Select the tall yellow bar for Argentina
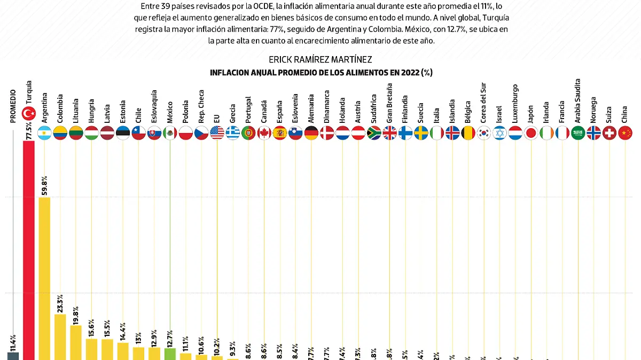[x=45, y=278]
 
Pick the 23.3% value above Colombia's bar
[x=60, y=303]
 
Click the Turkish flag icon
[x=28, y=114]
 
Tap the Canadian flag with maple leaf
[x=264, y=132]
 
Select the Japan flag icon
[x=531, y=132]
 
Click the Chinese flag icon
[x=625, y=132]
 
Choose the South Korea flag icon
[x=484, y=132]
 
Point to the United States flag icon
[x=217, y=132]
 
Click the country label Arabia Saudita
[x=577, y=101]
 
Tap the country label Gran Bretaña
[x=389, y=103]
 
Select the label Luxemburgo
[x=515, y=104]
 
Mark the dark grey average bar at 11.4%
[x=13, y=356]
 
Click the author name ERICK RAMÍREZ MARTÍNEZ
[x=320, y=59]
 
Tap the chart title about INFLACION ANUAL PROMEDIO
[x=320, y=73]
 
